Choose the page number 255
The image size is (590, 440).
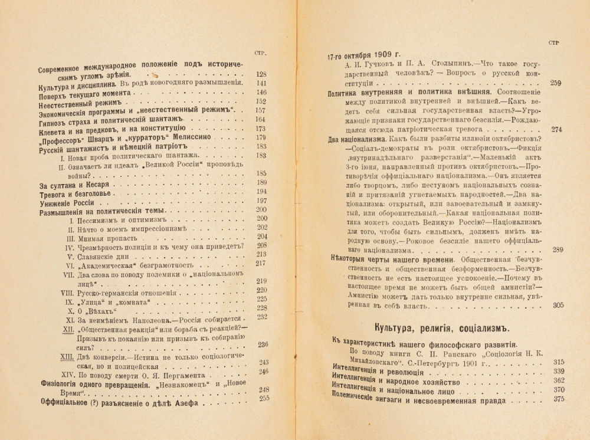(x=263, y=398)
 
